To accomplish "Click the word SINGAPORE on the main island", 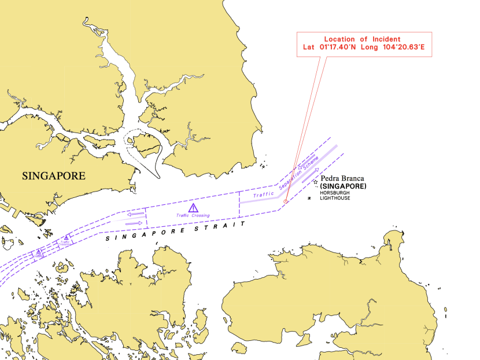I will pos(53,175).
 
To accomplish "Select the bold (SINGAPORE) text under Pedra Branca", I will pos(343,186).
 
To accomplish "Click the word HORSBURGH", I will pos(335,193).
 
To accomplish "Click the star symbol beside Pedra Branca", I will pos(315,183).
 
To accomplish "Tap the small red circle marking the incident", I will pos(286,201).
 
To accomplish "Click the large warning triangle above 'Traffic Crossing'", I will pos(193,208).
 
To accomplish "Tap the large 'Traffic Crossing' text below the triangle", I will pos(193,215).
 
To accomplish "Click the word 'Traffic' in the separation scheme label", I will pos(264,194).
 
